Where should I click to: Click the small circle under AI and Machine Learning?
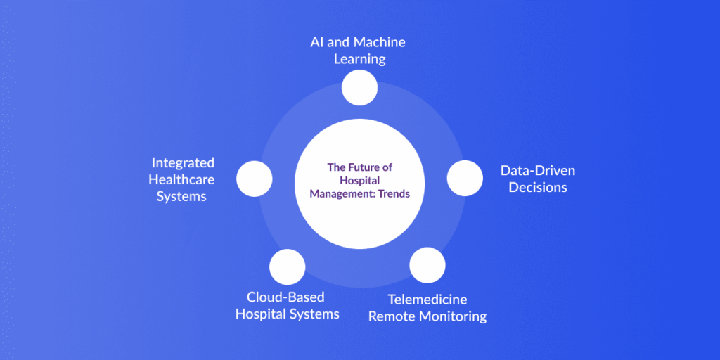pos(359,88)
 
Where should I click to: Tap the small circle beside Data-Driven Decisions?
pos(465,178)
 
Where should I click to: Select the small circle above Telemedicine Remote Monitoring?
pos(427,265)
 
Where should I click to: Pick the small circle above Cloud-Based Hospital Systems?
pos(288,266)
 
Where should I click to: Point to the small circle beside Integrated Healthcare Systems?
pos(254,179)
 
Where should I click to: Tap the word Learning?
pos(359,59)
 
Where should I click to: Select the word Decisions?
pos(538,187)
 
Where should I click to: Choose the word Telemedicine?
pos(427,300)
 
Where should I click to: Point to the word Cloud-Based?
pos(285,297)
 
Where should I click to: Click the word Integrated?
pos(183,162)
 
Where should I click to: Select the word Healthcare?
pos(181,179)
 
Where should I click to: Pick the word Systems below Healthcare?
pos(181,196)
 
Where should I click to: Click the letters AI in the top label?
pos(319,42)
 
